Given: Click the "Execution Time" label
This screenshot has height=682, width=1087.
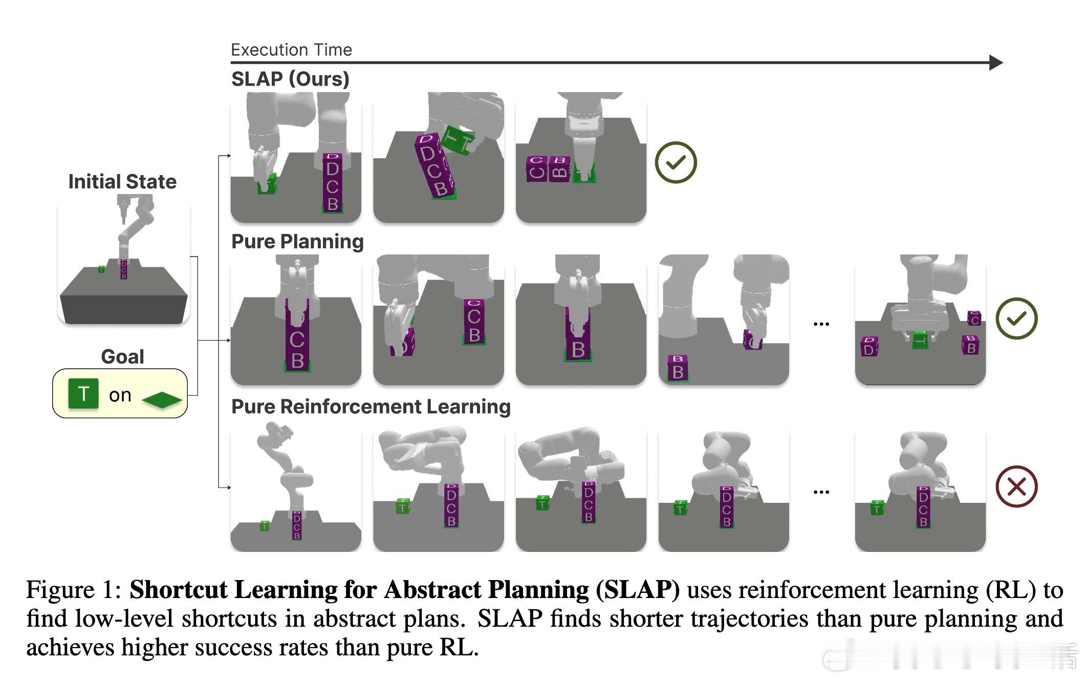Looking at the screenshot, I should pos(291,50).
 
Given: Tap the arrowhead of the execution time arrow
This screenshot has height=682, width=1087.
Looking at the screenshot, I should pos(995,62).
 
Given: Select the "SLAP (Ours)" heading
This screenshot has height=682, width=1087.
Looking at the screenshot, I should pos(290,79).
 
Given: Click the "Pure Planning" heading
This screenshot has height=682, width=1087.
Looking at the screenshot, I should pos(297,241).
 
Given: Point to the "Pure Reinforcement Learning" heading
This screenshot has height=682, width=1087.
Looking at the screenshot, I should pos(371,407).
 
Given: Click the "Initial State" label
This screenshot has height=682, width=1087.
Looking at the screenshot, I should pos(122,182).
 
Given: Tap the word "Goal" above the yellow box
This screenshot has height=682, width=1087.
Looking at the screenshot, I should pos(122,356).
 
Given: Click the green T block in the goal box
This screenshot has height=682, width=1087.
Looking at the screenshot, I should pos(83,394).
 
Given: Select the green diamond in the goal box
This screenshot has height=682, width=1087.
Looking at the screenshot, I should pos(162,400).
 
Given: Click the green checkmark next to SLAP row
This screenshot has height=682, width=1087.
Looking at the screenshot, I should pos(676,162).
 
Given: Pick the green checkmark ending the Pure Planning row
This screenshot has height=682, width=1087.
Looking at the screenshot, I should pos(1016,318).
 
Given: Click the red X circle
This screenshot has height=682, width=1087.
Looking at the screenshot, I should pos(1016,486).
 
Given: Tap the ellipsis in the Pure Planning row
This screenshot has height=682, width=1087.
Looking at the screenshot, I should pos(821,324).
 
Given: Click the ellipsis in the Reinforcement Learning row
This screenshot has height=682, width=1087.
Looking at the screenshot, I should pos(821,492).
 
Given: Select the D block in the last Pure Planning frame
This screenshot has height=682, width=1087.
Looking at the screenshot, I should pos(869,347).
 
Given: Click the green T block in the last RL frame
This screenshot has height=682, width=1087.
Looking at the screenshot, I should pos(877,507).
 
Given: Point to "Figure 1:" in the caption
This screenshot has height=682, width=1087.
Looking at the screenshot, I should pos(74,590).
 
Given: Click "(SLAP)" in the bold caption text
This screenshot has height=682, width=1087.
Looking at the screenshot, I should pos(638,590).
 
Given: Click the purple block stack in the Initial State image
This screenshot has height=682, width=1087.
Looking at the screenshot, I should pos(123,269).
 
